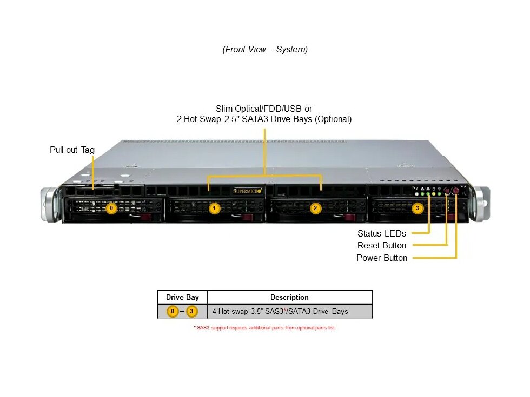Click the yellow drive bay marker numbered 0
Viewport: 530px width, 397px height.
pyautogui.click(x=111, y=207)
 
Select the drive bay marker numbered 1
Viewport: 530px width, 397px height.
pyautogui.click(x=214, y=207)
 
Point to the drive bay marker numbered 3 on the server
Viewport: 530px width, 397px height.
pyautogui.click(x=417, y=207)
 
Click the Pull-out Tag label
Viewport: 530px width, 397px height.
pyautogui.click(x=72, y=150)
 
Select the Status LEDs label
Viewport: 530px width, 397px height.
pyautogui.click(x=381, y=233)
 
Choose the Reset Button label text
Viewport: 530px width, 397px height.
pyautogui.click(x=382, y=245)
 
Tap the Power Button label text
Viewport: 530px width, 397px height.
pyautogui.click(x=382, y=258)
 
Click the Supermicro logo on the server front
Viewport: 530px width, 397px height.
pyautogui.click(x=247, y=191)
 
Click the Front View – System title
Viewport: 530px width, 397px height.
pyautogui.click(x=265, y=49)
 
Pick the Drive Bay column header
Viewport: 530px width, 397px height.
pyautogui.click(x=182, y=297)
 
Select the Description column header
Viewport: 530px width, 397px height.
pyautogui.click(x=289, y=297)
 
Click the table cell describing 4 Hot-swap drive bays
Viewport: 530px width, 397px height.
pyautogui.click(x=280, y=311)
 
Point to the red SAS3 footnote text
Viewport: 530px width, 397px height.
pyautogui.click(x=264, y=328)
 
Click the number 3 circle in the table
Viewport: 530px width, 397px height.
pyautogui.click(x=192, y=311)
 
